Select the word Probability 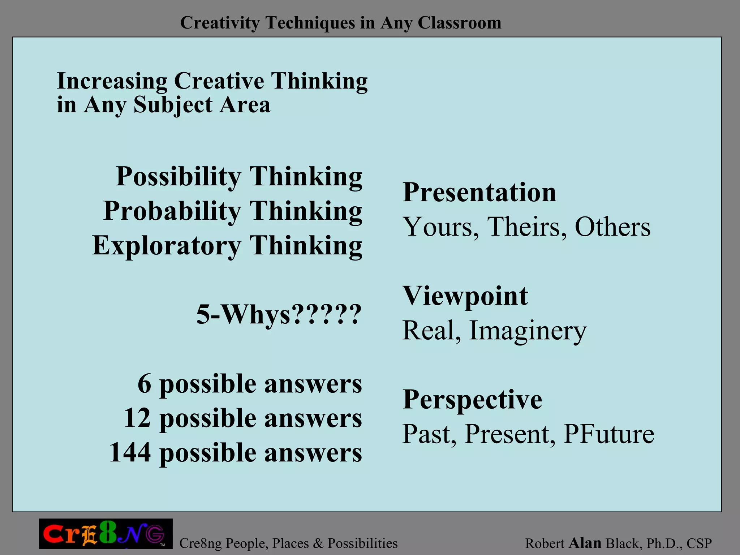172,211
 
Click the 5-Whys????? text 279,314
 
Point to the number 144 130,452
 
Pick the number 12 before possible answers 137,418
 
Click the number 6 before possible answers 144,384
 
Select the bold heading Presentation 479,192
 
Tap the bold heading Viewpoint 465,296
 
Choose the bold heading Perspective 472,400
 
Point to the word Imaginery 528,331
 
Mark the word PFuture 609,434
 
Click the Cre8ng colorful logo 106,534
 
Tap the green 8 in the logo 107,533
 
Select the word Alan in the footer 585,543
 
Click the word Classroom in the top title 459,23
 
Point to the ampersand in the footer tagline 318,543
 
